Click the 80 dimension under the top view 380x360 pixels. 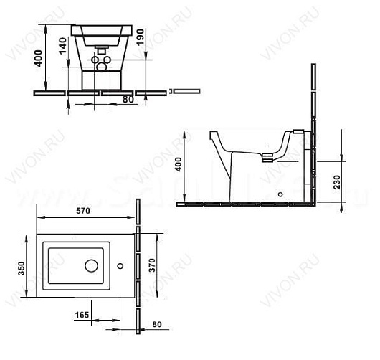pyautogui.click(x=156, y=324)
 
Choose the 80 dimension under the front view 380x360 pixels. pyautogui.click(x=126, y=99)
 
